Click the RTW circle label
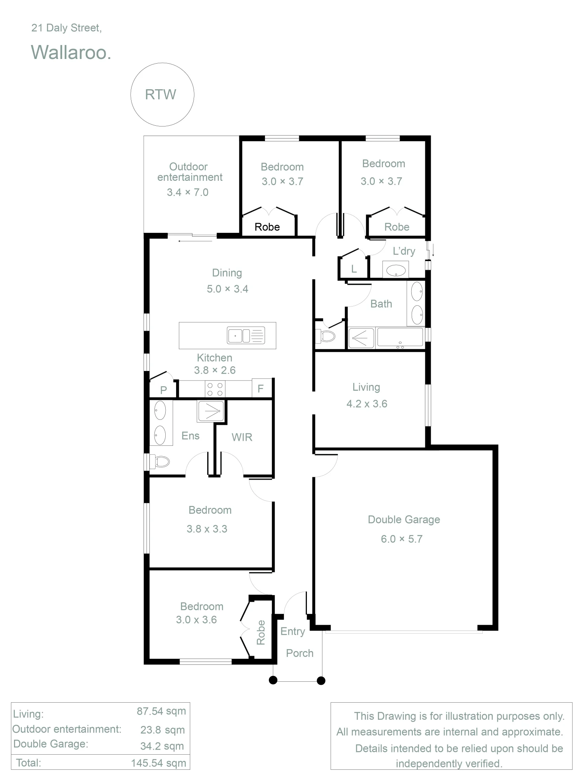tap(161, 94)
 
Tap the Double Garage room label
tap(404, 520)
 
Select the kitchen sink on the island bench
tap(246, 335)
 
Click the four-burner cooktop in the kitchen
tap(215, 389)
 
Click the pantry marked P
tap(163, 390)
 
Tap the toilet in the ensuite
tap(159, 462)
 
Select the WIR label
tap(242, 437)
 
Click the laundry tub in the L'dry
tap(396, 270)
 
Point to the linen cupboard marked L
tap(353, 268)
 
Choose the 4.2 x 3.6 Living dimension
tap(367, 404)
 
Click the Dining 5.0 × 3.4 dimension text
tap(227, 289)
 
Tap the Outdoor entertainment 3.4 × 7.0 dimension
tap(188, 192)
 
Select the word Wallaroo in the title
tap(71, 52)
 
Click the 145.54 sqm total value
tap(159, 763)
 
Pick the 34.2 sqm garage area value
tap(162, 746)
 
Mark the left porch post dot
tap(273, 680)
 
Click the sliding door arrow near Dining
tap(195, 241)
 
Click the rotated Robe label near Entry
tap(261, 632)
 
